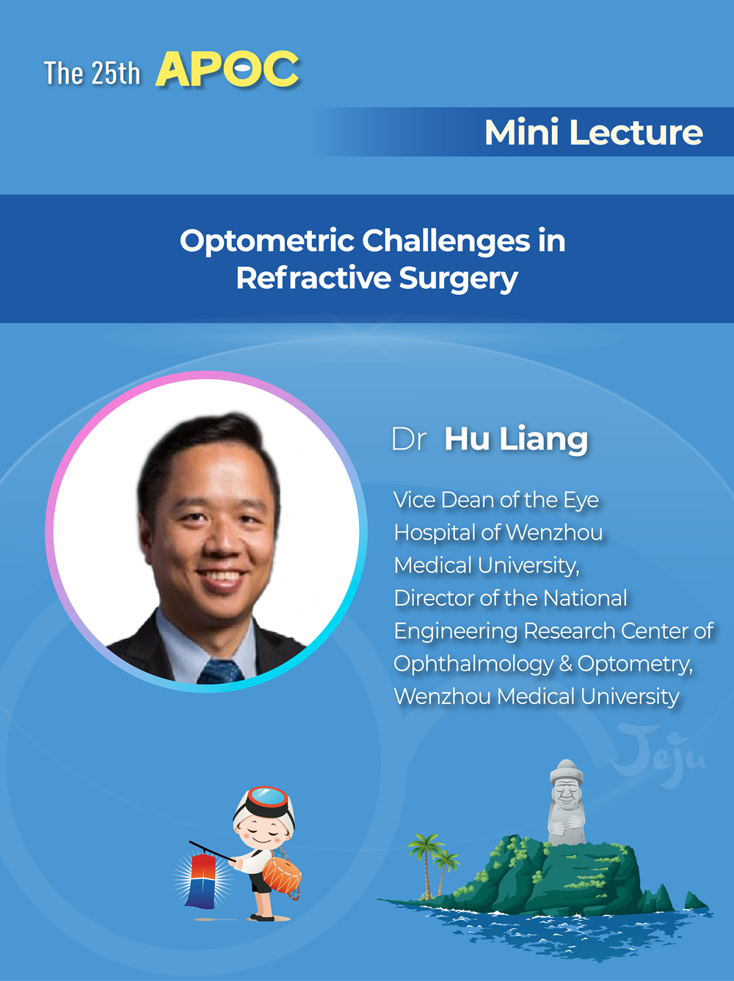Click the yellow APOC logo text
[x=228, y=69]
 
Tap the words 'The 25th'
[x=92, y=73]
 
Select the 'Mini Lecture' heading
[x=594, y=132]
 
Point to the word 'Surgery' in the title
[x=458, y=279]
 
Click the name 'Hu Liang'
[x=516, y=440]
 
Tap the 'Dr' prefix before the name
[x=408, y=439]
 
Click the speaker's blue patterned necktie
[x=219, y=671]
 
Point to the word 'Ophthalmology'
[x=473, y=664]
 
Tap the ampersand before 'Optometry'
[x=565, y=664]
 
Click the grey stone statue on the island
[x=566, y=803]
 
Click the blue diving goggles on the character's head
[x=267, y=797]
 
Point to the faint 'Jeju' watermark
[x=658, y=755]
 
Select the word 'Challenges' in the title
[x=446, y=242]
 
